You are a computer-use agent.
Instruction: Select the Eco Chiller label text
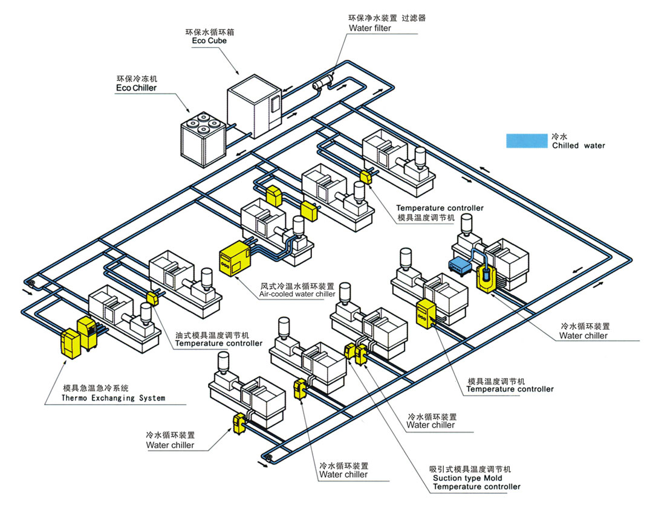[136, 88]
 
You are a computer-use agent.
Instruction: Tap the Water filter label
[369, 28]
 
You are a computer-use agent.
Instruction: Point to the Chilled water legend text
[578, 146]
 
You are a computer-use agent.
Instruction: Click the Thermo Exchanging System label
[113, 398]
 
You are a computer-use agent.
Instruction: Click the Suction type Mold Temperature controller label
[476, 482]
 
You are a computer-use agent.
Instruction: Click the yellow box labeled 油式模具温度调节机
[152, 298]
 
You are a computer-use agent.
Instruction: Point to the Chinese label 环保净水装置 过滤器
[386, 18]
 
